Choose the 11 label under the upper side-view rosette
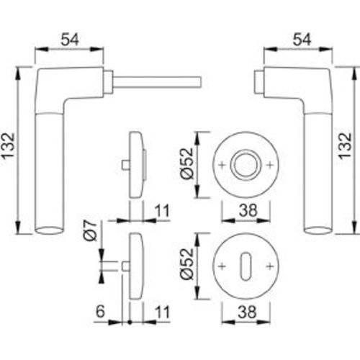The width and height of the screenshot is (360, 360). (161, 211)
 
